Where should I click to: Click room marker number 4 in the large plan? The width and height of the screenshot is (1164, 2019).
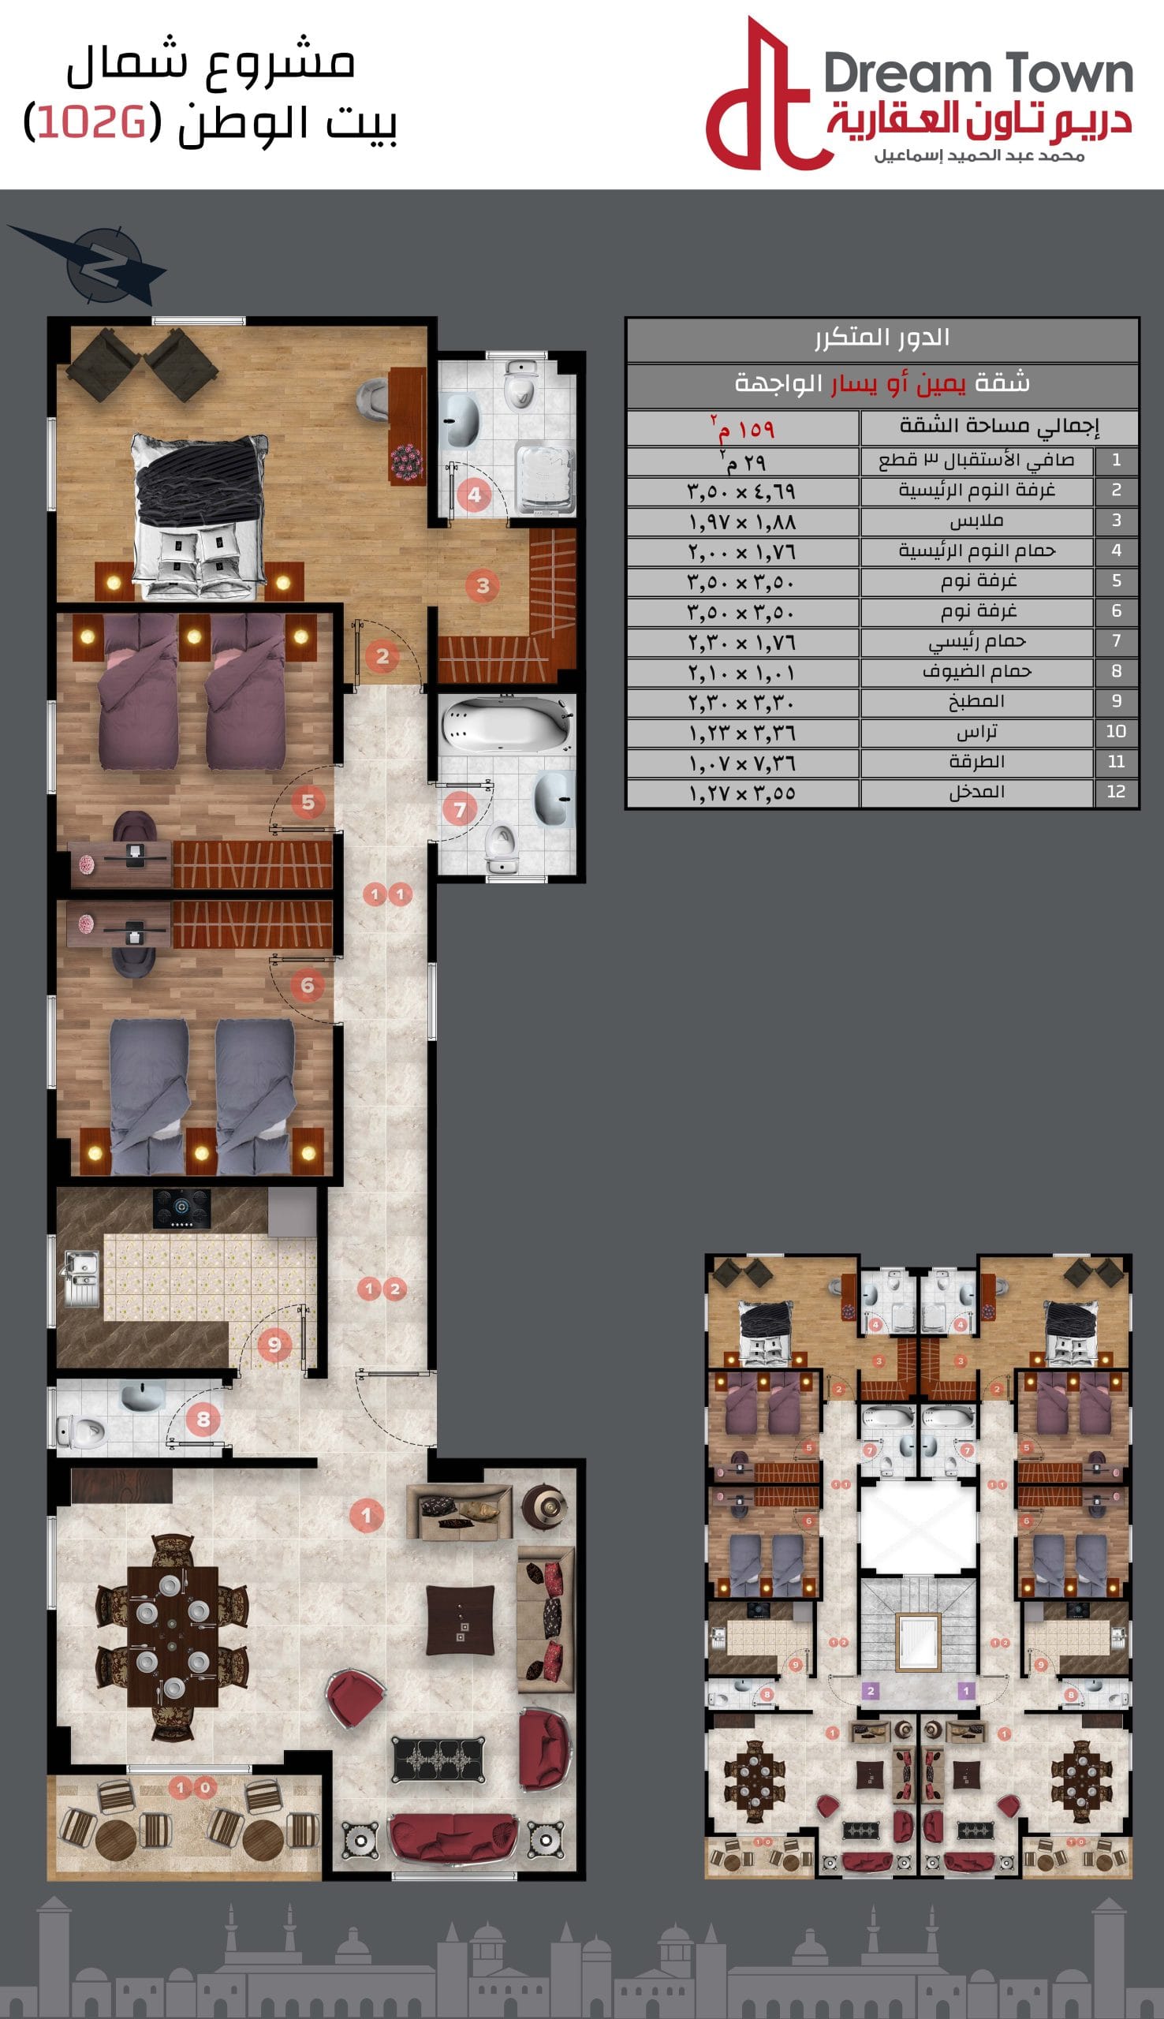[474, 494]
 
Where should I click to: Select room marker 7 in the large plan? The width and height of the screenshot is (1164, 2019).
[460, 811]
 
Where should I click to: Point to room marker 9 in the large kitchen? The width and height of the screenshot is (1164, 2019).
[274, 1345]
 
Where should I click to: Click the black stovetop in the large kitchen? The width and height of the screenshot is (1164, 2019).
[182, 1209]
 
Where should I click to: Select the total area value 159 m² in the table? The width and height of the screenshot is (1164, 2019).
[743, 429]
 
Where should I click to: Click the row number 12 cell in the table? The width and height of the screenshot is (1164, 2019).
[1116, 792]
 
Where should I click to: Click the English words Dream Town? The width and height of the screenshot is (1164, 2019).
[978, 74]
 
